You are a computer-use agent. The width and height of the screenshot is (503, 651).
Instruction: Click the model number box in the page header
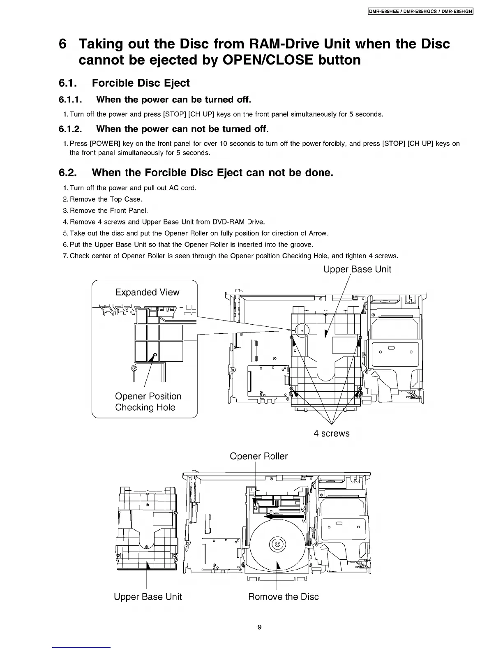point(421,12)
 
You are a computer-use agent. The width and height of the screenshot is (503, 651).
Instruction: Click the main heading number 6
point(62,44)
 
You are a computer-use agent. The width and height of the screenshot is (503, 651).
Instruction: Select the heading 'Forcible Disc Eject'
point(141,83)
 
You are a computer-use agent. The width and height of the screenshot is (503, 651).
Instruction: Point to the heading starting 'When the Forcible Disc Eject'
point(212,173)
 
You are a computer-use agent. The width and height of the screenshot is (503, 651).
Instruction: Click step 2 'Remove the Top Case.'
point(106,199)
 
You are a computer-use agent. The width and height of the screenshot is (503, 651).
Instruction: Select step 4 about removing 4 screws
point(167,222)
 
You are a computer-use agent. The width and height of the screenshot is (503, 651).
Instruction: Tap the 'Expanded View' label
point(147,292)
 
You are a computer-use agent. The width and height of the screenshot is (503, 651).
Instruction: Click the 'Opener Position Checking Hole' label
point(148,402)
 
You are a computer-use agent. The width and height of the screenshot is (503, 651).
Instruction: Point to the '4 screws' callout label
point(331,434)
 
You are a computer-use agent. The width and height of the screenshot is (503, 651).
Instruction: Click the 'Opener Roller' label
point(258,456)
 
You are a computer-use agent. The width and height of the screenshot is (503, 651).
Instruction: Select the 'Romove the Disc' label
point(283,597)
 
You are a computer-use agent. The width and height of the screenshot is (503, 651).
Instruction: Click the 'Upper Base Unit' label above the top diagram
point(357,269)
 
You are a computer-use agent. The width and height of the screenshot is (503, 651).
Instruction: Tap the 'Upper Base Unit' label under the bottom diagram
point(148,597)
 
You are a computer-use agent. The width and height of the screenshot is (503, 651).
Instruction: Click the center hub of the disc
point(277,545)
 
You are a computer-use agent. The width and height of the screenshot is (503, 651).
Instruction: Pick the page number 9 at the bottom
point(259,627)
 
